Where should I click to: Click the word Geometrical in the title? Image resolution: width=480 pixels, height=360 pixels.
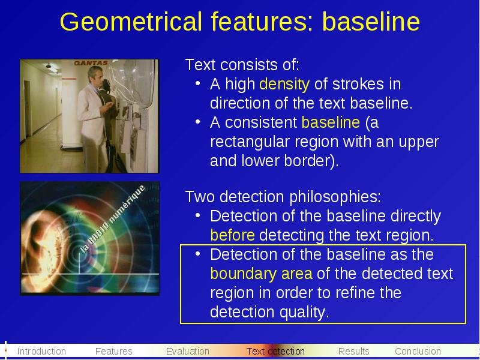click(131, 22)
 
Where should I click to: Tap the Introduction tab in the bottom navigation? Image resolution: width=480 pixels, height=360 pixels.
click(41, 351)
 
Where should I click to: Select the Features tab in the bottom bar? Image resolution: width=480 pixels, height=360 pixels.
click(113, 351)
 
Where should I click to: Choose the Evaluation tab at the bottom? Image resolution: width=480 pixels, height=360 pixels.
click(188, 351)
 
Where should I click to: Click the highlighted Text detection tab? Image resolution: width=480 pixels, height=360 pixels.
click(275, 351)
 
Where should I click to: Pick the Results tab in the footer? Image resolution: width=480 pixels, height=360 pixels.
click(354, 351)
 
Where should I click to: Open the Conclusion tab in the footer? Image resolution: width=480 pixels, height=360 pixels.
click(418, 351)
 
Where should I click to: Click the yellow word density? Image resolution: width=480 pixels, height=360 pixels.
click(284, 85)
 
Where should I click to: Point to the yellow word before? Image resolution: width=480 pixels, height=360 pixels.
click(233, 235)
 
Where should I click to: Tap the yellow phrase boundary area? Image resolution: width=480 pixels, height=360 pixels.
click(262, 274)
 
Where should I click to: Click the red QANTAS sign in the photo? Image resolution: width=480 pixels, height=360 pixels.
click(91, 63)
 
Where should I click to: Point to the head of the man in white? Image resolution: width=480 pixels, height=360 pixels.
click(95, 75)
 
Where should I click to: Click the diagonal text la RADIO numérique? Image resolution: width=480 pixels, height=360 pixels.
click(112, 219)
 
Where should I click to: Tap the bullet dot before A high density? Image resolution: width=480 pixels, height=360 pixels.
click(198, 83)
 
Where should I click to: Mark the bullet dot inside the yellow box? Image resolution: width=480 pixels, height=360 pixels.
click(198, 253)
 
